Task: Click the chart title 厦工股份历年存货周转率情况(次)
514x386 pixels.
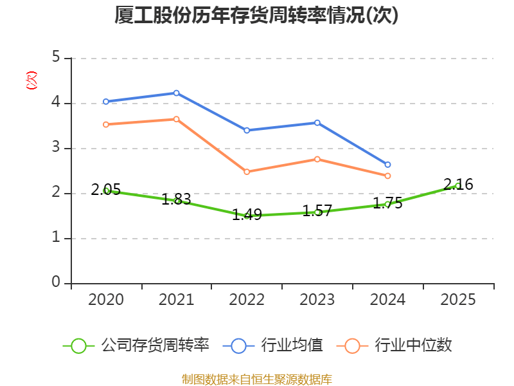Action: (256, 15)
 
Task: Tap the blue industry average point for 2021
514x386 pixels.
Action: (176, 93)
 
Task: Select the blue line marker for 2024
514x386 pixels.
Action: (387, 165)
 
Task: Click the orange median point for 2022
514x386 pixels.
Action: (247, 172)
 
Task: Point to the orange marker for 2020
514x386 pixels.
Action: (106, 124)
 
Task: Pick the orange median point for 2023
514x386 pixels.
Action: (317, 159)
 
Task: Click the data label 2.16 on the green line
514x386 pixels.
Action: (458, 184)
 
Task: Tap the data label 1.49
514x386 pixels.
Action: (247, 215)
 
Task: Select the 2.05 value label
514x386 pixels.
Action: (106, 189)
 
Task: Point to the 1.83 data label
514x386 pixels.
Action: (176, 199)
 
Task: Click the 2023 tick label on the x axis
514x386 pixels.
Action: (317, 299)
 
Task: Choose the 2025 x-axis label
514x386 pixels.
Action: (458, 299)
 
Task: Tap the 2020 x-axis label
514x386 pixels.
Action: (106, 299)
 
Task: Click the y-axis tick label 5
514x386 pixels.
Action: (56, 57)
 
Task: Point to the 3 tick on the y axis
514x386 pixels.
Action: (56, 147)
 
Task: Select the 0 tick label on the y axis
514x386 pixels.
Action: (56, 282)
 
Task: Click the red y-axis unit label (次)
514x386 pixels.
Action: (31, 80)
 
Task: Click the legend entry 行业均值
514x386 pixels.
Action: (292, 345)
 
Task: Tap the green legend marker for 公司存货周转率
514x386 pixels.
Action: (78, 346)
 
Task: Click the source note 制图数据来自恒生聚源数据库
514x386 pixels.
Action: (257, 379)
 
